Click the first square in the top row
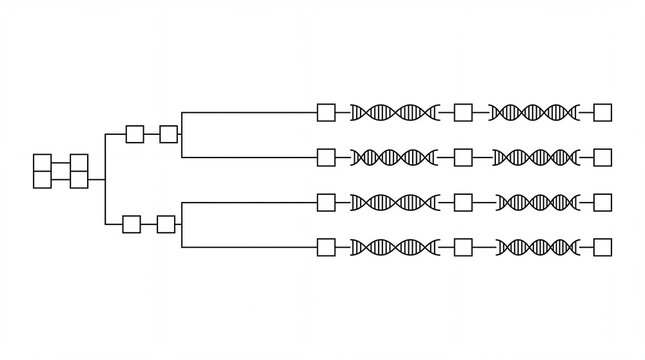point(325,112)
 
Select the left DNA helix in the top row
point(394,112)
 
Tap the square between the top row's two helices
point(462,112)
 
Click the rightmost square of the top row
point(602,112)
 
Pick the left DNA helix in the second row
point(394,157)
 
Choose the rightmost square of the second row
point(602,157)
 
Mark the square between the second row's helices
point(462,157)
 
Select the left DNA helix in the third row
point(394,202)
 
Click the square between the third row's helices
point(462,202)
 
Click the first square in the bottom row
point(325,246)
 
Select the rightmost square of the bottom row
point(602,246)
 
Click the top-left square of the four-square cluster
point(43,163)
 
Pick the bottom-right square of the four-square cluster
point(79,178)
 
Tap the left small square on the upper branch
point(134,133)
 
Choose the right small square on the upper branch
point(168,133)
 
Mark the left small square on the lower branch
point(132,223)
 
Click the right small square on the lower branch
point(166,223)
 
